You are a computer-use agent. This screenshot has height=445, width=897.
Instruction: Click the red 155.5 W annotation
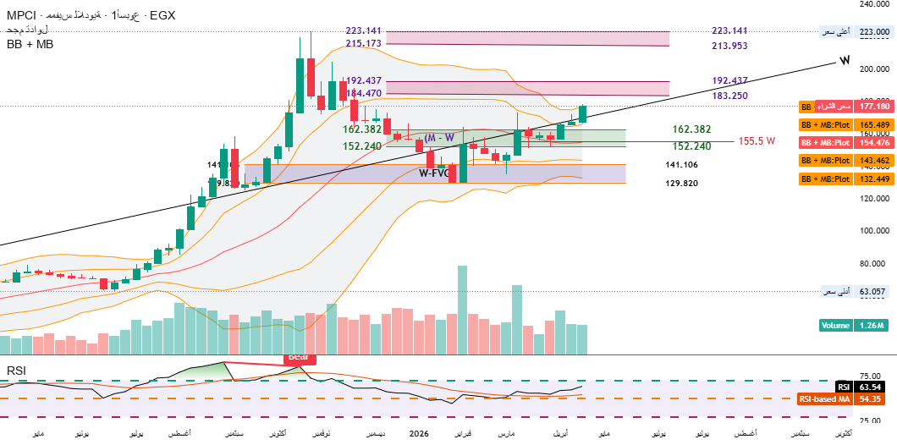(x=757, y=141)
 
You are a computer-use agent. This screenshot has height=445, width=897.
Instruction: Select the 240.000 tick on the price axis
(x=876, y=4)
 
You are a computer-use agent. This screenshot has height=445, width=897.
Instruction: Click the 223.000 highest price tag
(x=876, y=32)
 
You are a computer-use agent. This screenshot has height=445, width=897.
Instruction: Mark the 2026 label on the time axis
(x=420, y=433)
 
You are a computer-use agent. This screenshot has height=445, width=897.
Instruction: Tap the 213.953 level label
(x=729, y=46)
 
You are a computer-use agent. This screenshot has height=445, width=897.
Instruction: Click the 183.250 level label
(x=729, y=96)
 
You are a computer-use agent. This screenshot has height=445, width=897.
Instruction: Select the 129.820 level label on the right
(x=681, y=183)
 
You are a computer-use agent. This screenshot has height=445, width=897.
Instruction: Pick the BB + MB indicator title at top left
(x=30, y=44)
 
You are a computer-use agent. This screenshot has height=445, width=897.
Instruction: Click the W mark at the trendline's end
(x=844, y=60)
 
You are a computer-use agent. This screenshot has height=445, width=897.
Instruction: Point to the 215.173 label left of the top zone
(x=364, y=42)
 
